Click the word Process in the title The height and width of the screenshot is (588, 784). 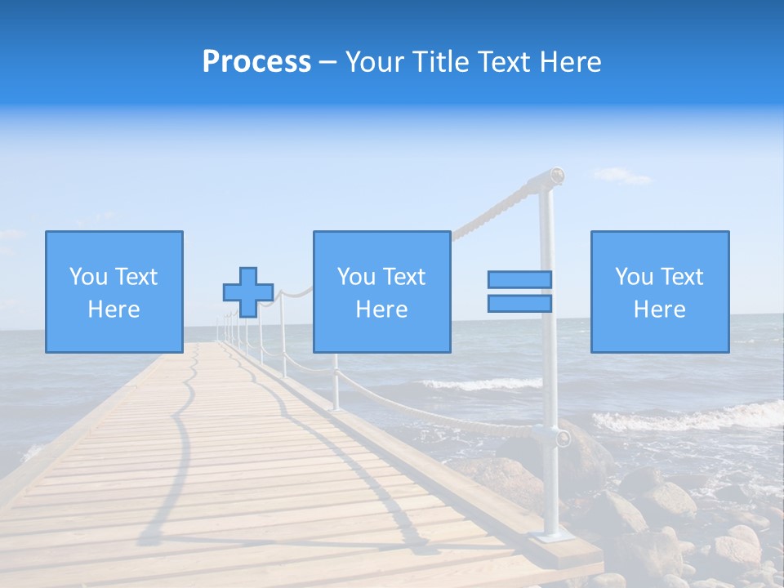256,61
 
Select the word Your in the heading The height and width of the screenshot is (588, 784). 373,61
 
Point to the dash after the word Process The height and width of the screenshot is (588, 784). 328,62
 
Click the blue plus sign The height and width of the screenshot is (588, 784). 248,292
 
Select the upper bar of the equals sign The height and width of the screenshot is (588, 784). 519,280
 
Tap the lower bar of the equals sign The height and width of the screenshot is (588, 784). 519,304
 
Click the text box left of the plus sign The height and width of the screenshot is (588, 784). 114,292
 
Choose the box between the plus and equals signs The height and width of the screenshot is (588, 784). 381,292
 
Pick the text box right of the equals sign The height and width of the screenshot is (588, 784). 659,292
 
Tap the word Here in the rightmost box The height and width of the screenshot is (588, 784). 659,310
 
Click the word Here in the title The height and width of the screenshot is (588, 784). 572,61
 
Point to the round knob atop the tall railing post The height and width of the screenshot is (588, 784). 556,174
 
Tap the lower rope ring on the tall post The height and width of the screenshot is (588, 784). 563,438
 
